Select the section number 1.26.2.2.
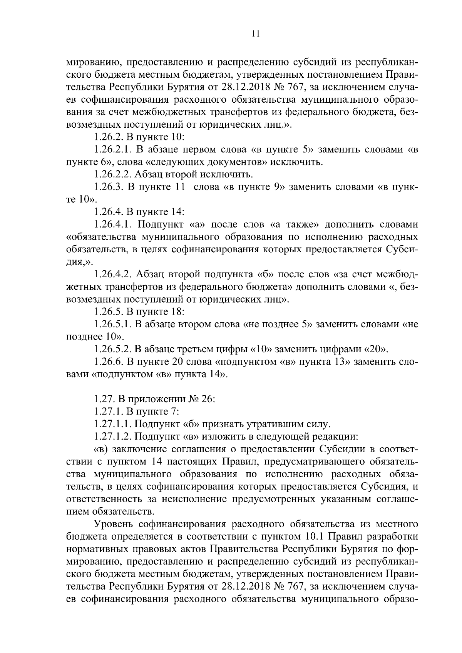pyautogui.click(x=112, y=175)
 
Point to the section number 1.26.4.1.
pyautogui.click(x=112, y=224)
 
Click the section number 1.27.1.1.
pyautogui.click(x=112, y=424)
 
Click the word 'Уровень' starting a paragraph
pyautogui.click(x=114, y=524)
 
